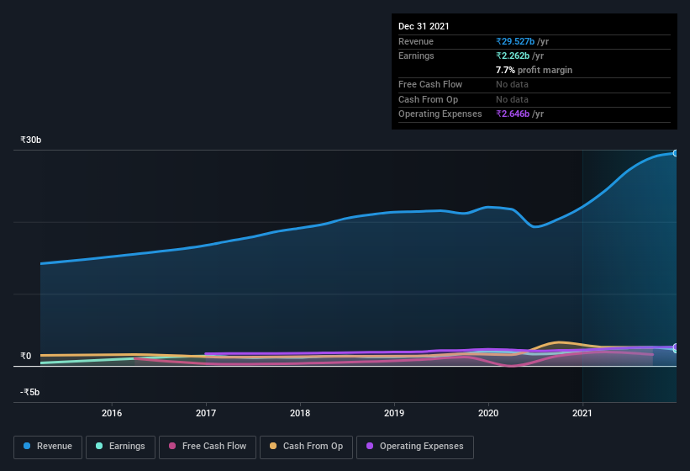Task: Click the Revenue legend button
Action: (49, 446)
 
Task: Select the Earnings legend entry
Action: (120, 446)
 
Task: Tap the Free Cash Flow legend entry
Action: (208, 446)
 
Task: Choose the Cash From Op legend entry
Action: (306, 446)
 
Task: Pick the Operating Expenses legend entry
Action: (415, 446)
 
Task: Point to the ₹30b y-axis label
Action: (32, 140)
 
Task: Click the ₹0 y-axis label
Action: (26, 356)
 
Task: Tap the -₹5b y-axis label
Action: (30, 392)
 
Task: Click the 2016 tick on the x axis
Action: (112, 413)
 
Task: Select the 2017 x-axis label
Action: (206, 413)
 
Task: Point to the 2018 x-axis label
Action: (300, 413)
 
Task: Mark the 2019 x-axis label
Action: (394, 413)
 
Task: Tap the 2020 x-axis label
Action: (488, 413)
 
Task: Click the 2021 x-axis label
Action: (582, 413)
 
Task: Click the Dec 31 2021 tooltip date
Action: (424, 26)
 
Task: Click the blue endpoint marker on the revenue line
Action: (676, 153)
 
